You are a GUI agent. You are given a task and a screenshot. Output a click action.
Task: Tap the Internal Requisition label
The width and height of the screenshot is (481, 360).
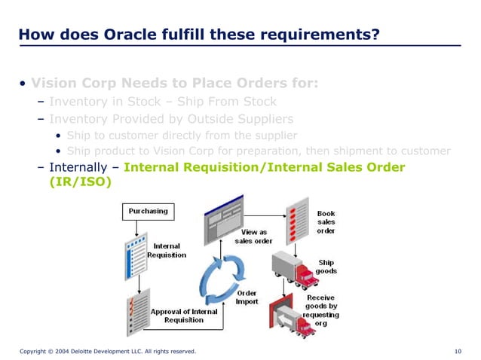(167, 250)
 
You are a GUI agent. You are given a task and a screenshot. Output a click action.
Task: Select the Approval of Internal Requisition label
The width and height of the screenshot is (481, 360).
(185, 316)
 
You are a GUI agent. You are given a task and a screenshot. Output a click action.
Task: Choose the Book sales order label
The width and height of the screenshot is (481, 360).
(326, 222)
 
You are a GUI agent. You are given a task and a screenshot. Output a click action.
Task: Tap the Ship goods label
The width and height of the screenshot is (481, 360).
(326, 267)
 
